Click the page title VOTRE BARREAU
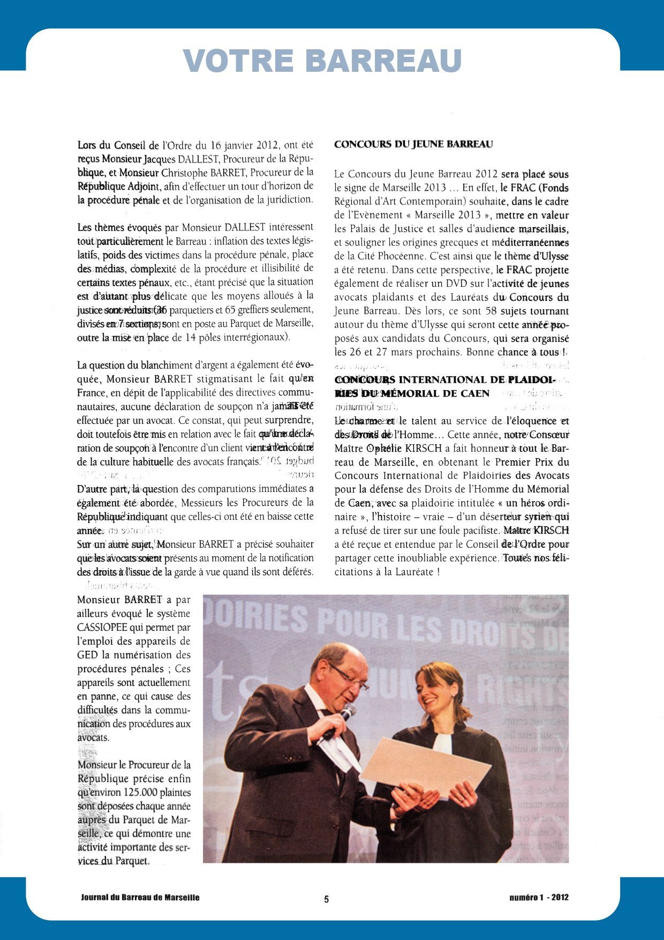point(322,61)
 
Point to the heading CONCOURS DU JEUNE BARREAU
point(413,144)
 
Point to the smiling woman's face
point(435,692)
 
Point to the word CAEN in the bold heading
point(474,393)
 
